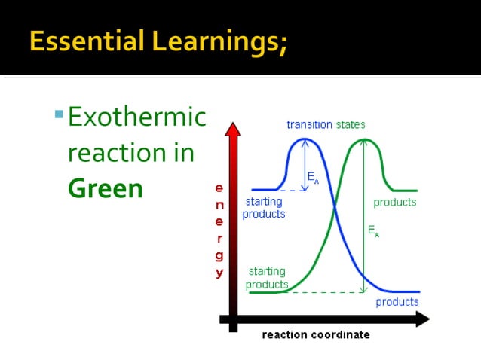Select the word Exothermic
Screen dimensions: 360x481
point(136,117)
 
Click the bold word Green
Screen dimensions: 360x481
point(105,188)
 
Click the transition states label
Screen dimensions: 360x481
point(326,124)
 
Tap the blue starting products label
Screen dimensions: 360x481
point(264,208)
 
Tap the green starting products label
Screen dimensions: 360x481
point(267,278)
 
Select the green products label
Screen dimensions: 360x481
point(394,203)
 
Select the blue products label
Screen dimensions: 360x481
point(397,302)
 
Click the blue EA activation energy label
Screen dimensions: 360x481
point(312,177)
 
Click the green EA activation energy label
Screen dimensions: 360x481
point(373,231)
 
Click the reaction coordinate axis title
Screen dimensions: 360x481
point(316,335)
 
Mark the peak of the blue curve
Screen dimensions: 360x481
point(303,139)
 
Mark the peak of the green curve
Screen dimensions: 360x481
point(363,139)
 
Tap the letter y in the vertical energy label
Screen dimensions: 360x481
point(219,273)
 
